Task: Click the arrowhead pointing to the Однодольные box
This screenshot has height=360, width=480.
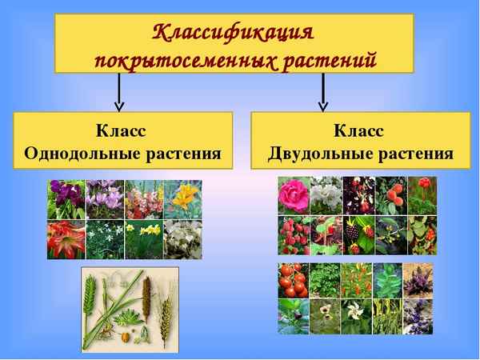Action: (119, 104)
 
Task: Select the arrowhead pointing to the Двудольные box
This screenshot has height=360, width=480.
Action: (323, 104)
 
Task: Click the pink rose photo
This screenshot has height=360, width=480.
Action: (293, 195)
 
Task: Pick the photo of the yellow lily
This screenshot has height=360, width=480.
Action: (182, 199)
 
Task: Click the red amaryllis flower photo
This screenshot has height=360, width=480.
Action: (66, 238)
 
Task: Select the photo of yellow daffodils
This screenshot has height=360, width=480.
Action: (144, 238)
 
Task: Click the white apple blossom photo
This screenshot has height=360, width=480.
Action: (326, 195)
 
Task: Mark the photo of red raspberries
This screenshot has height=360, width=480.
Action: (293, 234)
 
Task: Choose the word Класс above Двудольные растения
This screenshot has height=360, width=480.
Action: (359, 130)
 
